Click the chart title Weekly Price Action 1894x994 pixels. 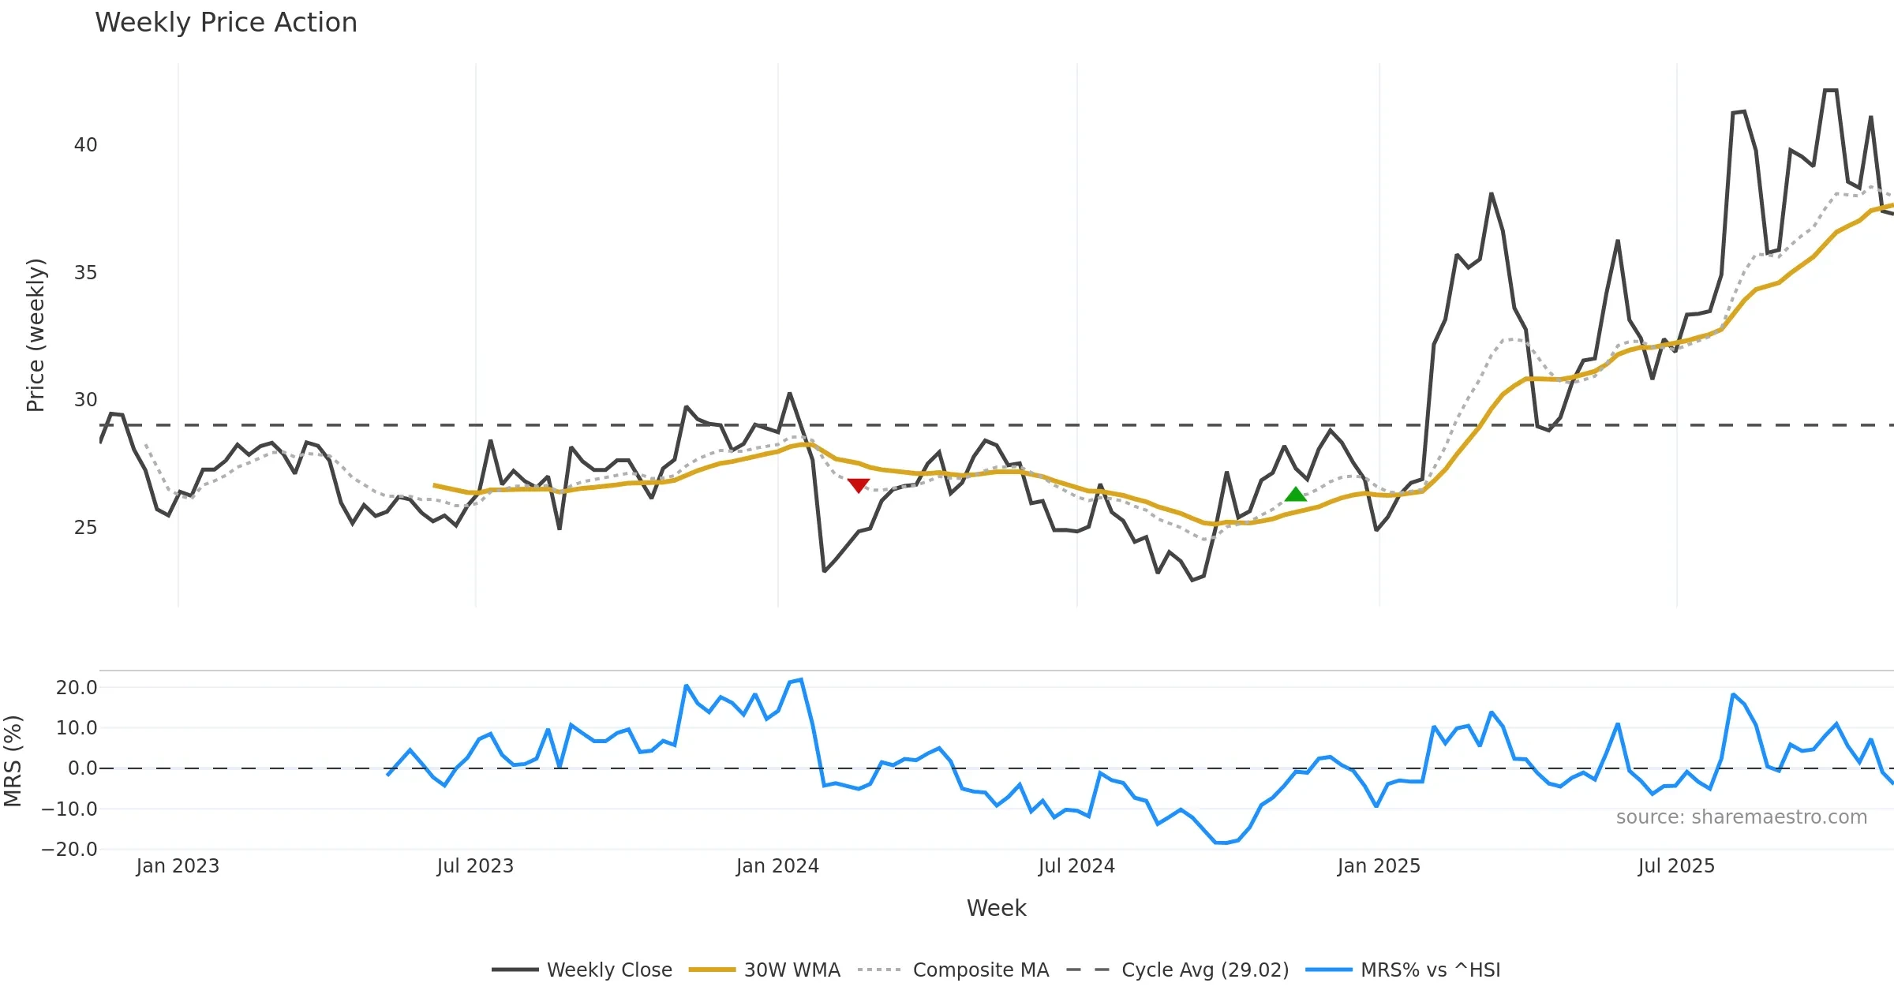click(x=226, y=23)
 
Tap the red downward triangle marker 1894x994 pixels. click(x=859, y=485)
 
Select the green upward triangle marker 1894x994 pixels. click(x=1296, y=495)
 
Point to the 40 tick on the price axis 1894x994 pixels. click(x=85, y=145)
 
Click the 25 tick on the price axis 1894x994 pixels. click(x=85, y=528)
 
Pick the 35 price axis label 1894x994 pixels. click(x=85, y=273)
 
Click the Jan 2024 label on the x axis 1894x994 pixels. click(x=777, y=866)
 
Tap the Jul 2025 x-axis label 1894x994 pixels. click(x=1676, y=866)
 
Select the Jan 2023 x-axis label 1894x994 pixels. click(x=178, y=866)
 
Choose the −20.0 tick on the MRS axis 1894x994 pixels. click(x=69, y=850)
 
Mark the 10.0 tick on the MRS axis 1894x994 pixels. click(x=77, y=728)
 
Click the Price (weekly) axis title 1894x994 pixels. click(x=36, y=335)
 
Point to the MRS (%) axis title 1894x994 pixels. click(x=13, y=761)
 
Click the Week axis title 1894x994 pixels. click(x=996, y=909)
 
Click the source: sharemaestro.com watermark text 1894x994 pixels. click(x=1741, y=817)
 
